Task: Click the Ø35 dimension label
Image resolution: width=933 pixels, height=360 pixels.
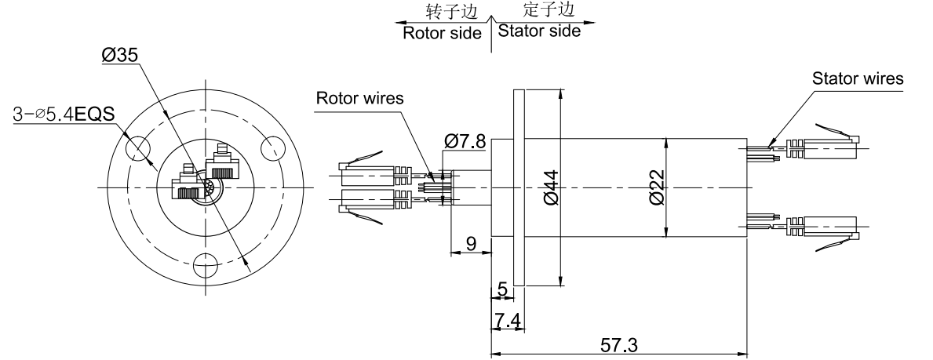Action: pos(120,56)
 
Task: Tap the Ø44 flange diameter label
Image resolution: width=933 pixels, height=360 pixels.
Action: pos(549,188)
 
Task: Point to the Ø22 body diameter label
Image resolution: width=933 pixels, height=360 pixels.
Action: pos(658,188)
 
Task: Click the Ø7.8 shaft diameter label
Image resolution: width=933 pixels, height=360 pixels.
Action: pos(465,141)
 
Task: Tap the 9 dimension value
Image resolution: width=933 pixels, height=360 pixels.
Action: pos(471,244)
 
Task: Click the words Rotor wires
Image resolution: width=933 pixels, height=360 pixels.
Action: pos(360,99)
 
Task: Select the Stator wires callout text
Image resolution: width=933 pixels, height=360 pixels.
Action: pos(857,78)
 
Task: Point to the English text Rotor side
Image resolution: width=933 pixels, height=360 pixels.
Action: pos(442,34)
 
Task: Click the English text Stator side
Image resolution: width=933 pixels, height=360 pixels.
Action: pos(540,31)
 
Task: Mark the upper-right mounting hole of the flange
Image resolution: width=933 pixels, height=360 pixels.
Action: pos(273,146)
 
